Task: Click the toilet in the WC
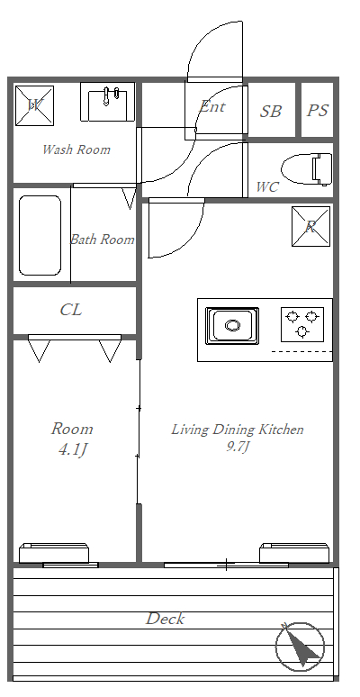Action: pos(307,169)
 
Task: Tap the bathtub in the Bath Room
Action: pos(40,236)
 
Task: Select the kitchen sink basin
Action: pos(232,325)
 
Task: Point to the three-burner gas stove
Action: pos(302,324)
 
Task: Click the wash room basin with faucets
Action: pos(107,102)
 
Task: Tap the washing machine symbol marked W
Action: pos(35,105)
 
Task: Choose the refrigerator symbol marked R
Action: pos(311,226)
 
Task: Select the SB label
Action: pos(271,111)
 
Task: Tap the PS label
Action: pos(318,110)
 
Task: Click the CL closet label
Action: pos(71,310)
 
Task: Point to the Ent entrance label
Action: pos(212,106)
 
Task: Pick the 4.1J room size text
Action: pos(72,450)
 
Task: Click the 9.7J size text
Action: pos(237,447)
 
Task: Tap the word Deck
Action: pos(165,619)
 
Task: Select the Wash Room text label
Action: pos(76,149)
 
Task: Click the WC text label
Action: pos(267,187)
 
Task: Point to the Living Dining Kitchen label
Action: pos(238,430)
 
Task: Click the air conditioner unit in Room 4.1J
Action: pos(54,553)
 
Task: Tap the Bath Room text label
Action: pos(103,240)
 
